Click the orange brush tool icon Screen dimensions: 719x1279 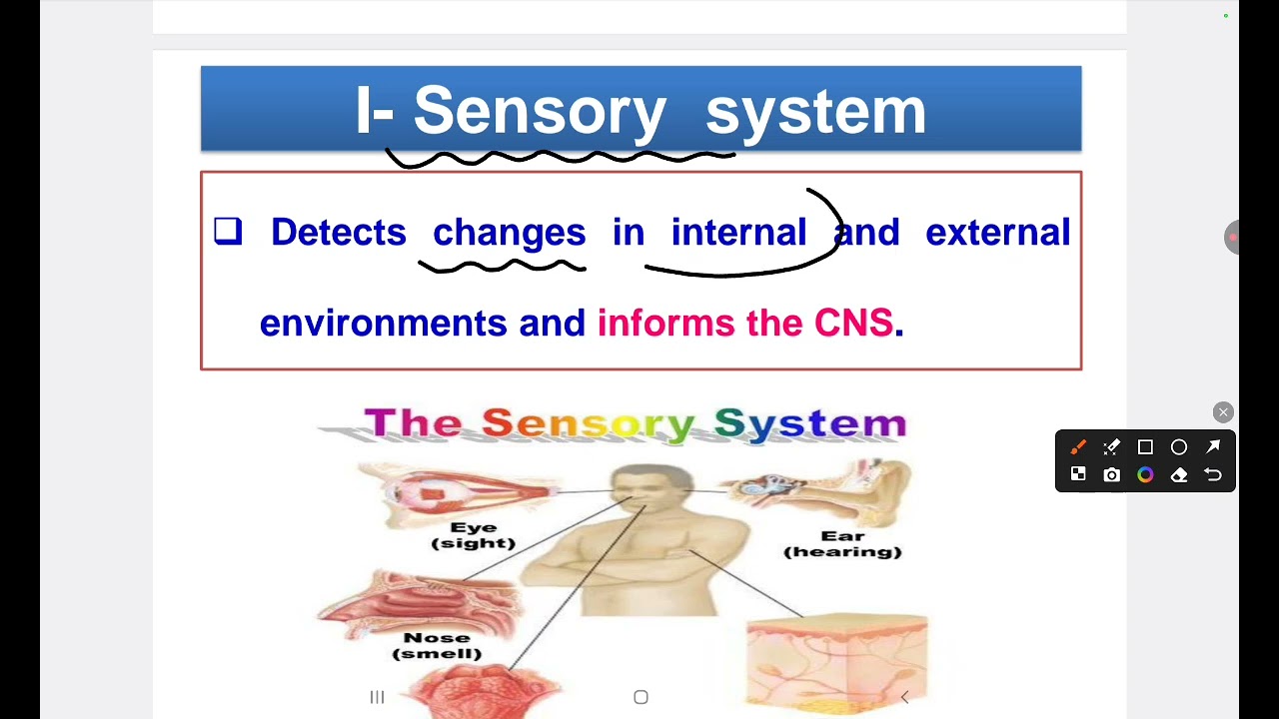(1078, 447)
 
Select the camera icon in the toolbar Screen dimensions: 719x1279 (1112, 475)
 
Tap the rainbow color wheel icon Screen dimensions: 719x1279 (1145, 475)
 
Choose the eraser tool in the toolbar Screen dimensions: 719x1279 (1179, 475)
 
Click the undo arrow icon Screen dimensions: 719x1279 (1213, 475)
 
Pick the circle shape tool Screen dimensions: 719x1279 (1179, 447)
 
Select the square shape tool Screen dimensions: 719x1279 (1145, 447)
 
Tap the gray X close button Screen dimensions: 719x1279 (1223, 412)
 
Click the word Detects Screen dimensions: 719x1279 (338, 233)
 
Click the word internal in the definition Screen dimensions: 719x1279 (738, 233)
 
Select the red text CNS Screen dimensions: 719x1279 (853, 323)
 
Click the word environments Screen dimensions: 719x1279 (383, 324)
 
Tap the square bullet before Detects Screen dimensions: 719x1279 (228, 232)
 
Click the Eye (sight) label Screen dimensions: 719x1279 (474, 535)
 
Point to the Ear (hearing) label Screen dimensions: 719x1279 (842, 544)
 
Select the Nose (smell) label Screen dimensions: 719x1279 (437, 645)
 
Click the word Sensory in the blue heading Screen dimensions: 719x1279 (540, 111)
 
